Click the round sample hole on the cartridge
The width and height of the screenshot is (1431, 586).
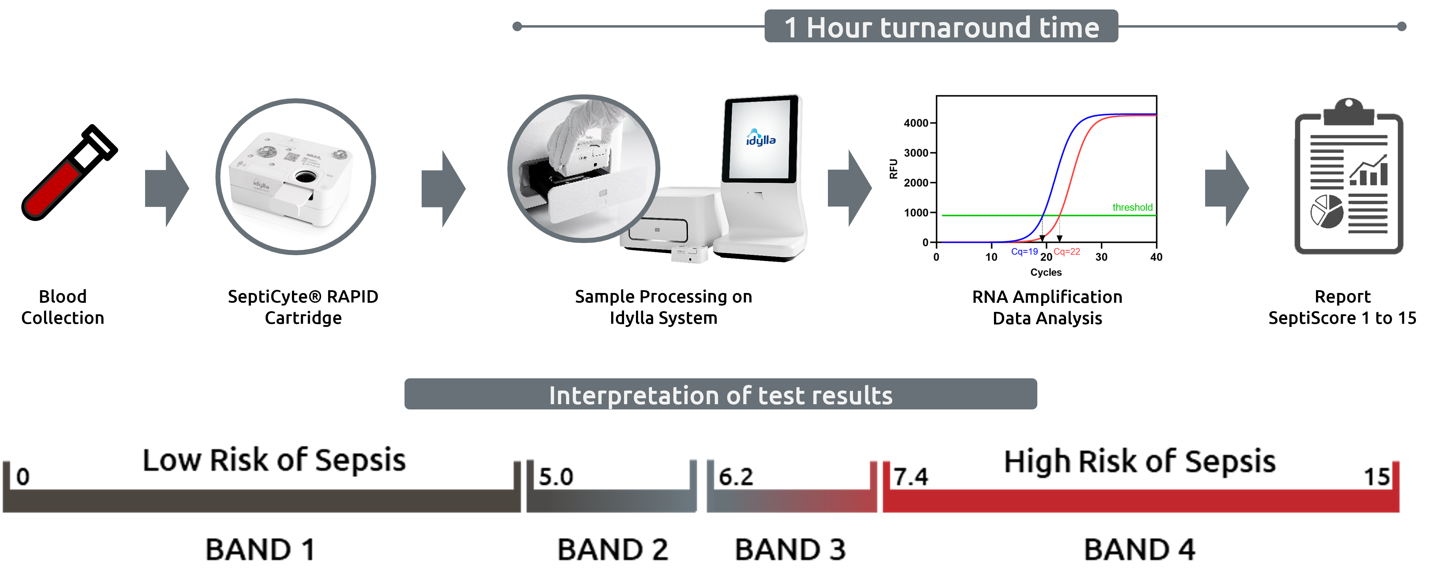pyautogui.click(x=305, y=177)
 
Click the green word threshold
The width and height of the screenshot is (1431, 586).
pyautogui.click(x=1132, y=207)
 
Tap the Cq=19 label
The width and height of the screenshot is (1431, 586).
pyautogui.click(x=1024, y=252)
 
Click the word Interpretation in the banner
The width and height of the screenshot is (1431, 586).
pyautogui.click(x=633, y=395)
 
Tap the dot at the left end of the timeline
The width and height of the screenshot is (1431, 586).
pyautogui.click(x=517, y=26)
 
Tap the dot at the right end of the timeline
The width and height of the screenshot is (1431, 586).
pyautogui.click(x=1402, y=26)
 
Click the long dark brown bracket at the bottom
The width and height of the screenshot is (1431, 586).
pyautogui.click(x=261, y=500)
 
